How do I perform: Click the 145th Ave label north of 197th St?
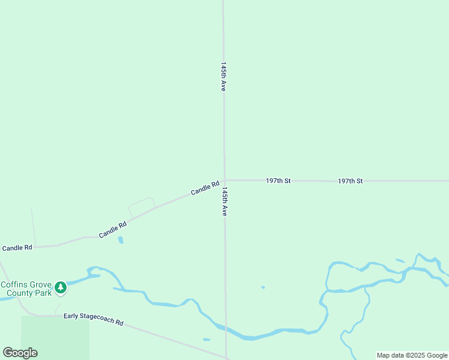(223, 76)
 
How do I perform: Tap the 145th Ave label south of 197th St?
(224, 202)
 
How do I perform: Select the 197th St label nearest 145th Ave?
(278, 181)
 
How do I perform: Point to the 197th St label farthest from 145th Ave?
(350, 181)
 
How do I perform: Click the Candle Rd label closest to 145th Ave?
(205, 188)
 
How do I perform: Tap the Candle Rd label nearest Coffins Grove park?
(17, 248)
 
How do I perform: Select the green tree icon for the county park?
(60, 288)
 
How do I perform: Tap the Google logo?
(20, 353)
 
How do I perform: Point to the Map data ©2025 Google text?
(412, 355)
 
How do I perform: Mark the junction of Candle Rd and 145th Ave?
(224, 179)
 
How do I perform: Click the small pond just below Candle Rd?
(121, 240)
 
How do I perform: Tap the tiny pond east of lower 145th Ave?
(263, 287)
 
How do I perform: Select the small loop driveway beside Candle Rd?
(142, 206)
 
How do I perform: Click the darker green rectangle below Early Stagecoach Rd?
(55, 337)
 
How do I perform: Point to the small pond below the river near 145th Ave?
(206, 340)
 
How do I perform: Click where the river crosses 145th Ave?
(226, 331)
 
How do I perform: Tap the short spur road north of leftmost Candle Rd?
(33, 226)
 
